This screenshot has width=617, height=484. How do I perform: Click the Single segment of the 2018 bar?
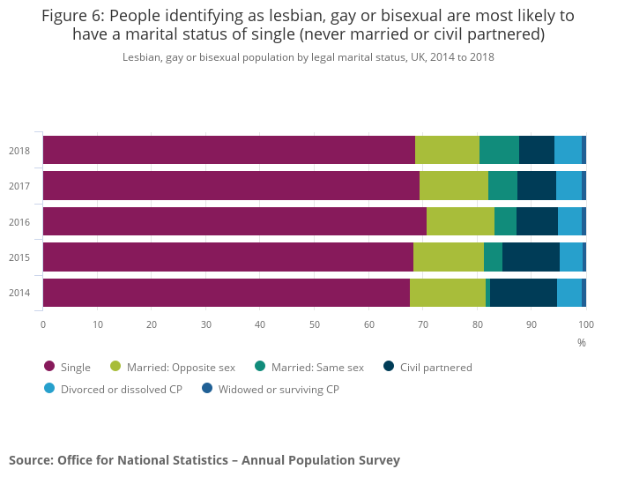[229, 150]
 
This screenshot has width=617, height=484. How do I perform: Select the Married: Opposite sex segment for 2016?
[460, 221]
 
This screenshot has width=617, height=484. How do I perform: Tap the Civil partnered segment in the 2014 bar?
[524, 293]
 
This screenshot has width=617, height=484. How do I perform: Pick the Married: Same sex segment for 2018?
[499, 150]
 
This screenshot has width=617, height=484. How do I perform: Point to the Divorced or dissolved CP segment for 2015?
[571, 257]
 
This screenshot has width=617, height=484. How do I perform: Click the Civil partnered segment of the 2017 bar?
[537, 186]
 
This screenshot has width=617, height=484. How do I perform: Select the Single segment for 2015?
[228, 257]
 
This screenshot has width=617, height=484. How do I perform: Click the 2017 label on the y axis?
[19, 186]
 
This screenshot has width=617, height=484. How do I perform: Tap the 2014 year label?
[19, 293]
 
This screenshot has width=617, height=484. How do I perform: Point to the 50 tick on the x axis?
[315, 324]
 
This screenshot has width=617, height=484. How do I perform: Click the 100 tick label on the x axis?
[586, 324]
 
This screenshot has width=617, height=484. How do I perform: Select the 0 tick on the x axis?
[43, 324]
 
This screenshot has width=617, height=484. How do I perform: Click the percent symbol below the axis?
[582, 342]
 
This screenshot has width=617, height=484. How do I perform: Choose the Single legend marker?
[49, 367]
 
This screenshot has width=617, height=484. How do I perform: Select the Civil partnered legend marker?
[389, 367]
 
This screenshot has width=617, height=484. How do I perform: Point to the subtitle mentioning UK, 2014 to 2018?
[308, 57]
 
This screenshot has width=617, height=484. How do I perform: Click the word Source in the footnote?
[31, 460]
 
